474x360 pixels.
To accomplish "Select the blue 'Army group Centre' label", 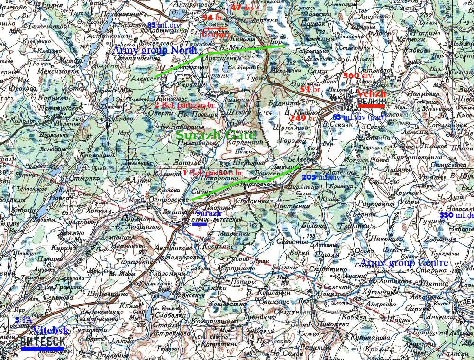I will (404, 263).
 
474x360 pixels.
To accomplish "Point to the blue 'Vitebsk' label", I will (51, 330).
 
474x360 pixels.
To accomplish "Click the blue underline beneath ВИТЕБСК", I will (43, 349).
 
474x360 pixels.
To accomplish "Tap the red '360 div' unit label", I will (358, 76).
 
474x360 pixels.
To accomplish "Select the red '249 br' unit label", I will (302, 118).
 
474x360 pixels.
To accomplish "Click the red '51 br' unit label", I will (310, 89).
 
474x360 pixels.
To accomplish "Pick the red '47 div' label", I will (242, 7).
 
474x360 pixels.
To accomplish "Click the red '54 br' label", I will (212, 18).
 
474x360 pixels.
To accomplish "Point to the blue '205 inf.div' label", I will (321, 177).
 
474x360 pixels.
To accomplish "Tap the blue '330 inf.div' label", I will (456, 215).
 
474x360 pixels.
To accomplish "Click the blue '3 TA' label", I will (23, 320).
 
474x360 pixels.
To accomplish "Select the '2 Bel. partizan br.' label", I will (185, 105).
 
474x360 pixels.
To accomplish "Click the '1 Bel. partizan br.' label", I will (212, 173).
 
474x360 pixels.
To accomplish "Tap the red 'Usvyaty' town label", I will (216, 35).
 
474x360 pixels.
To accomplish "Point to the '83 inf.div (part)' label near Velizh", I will (359, 117).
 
